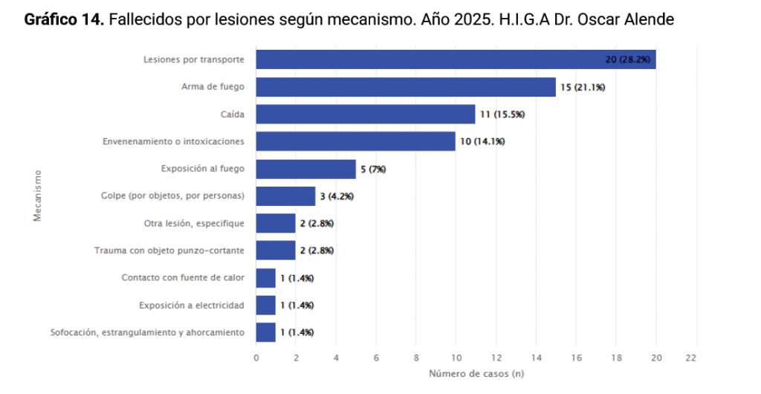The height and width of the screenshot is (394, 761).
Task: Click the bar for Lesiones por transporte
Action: pyautogui.click(x=455, y=59)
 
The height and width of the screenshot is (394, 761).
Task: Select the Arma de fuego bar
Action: pyautogui.click(x=405, y=87)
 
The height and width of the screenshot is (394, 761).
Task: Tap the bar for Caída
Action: pyautogui.click(x=365, y=114)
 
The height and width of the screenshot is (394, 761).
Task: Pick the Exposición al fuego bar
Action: pyautogui.click(x=305, y=169)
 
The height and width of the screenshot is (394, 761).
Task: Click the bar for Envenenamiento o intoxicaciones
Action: pyautogui.click(x=355, y=141)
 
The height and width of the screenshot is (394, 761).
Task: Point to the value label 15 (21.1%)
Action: pyautogui.click(x=583, y=88)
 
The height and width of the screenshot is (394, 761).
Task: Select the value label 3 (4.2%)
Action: pyautogui.click(x=337, y=196)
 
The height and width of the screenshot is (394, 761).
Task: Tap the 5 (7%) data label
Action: pyautogui.click(x=373, y=169)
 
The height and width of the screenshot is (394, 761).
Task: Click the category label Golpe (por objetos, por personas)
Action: pyautogui.click(x=172, y=196)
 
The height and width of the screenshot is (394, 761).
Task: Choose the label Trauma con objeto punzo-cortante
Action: pyautogui.click(x=169, y=251)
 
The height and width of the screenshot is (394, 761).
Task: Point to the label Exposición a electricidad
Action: pyautogui.click(x=191, y=305)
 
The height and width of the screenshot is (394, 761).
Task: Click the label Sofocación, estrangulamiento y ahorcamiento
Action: pyautogui.click(x=147, y=332)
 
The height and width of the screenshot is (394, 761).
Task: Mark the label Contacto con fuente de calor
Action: pyautogui.click(x=183, y=278)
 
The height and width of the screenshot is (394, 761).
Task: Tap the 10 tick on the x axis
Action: pyautogui.click(x=456, y=358)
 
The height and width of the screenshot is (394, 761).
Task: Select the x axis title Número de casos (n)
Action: pyautogui.click(x=476, y=373)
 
